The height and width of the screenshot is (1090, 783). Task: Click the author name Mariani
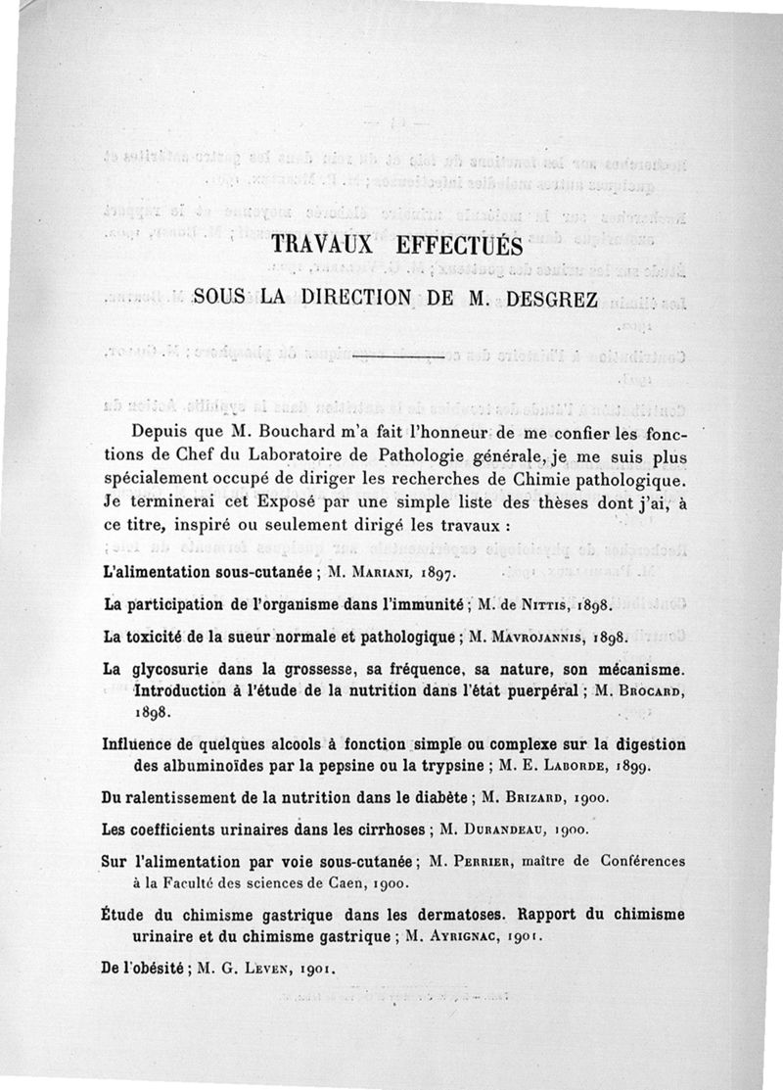(x=391, y=571)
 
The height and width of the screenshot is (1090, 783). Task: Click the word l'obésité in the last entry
(x=153, y=970)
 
